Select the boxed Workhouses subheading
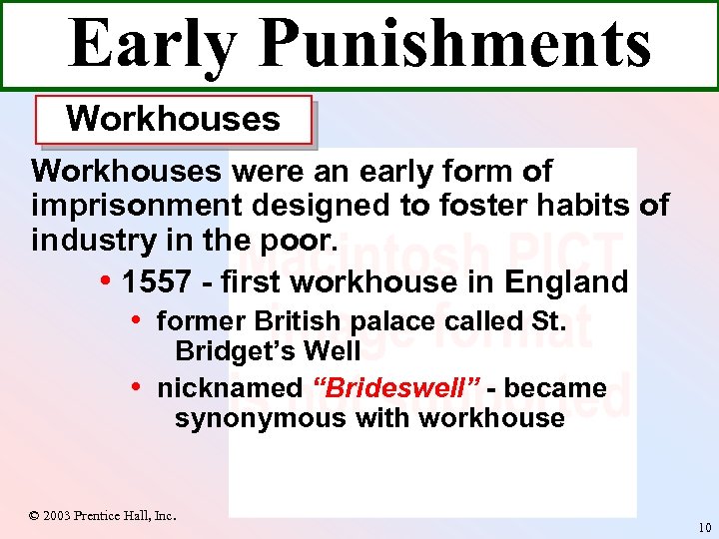[x=173, y=119]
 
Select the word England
[x=566, y=282]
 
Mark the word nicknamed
[x=229, y=387]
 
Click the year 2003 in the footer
[x=58, y=516]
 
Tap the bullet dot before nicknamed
[x=136, y=385]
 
